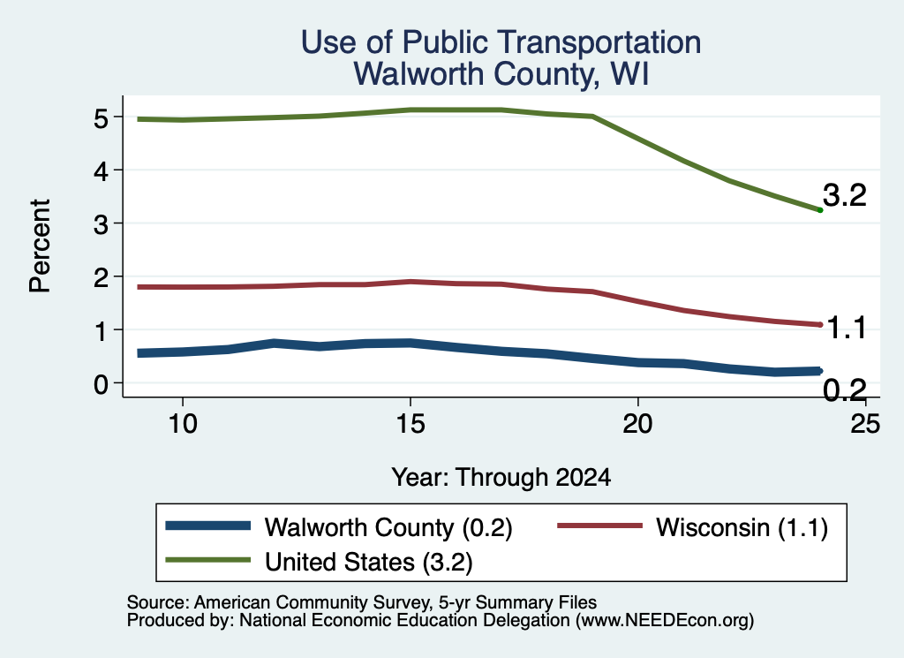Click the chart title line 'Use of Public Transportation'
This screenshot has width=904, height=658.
coord(501,42)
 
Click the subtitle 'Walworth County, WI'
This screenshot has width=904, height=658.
coord(501,74)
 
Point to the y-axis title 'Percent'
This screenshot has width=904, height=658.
coord(40,246)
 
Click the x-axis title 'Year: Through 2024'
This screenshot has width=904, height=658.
coord(501,478)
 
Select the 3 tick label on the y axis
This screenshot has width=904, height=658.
coord(101,223)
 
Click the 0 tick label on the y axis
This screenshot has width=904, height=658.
coord(101,383)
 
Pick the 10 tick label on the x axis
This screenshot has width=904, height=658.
coord(183,424)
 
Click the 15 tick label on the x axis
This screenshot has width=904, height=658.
coord(411,424)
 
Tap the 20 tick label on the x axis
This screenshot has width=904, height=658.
coord(637,424)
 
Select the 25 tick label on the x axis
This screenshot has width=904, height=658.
coord(865,424)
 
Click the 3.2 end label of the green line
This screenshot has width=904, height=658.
coord(845,195)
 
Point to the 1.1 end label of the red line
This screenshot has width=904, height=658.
coord(847,328)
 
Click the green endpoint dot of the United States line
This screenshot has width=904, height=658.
coord(820,210)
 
